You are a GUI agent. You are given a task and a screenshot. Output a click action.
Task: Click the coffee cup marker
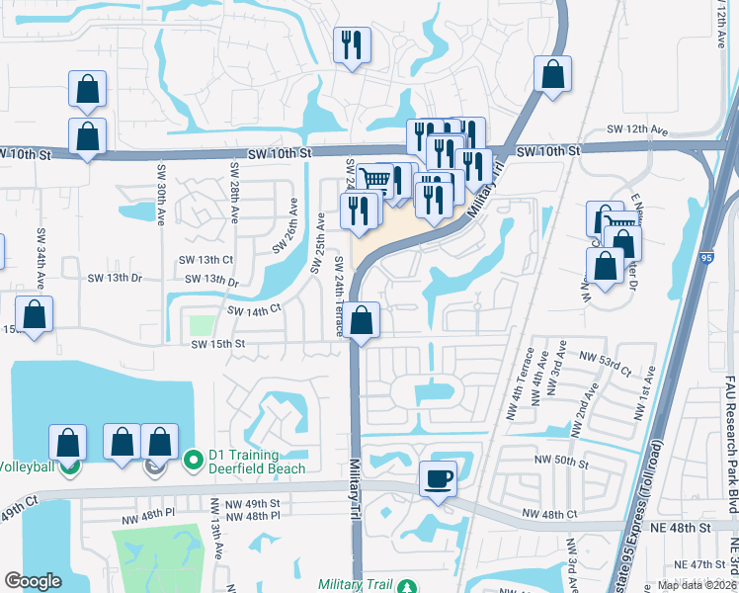tap(438, 478)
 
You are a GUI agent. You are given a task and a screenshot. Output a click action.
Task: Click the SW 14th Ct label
tap(255, 310)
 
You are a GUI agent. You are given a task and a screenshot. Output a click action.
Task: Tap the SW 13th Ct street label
tap(205, 259)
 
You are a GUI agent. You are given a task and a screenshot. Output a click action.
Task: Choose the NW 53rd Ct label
tap(605, 365)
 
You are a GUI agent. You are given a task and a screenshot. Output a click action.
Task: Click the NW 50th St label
tap(561, 461)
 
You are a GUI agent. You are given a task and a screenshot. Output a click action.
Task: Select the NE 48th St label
tap(682, 528)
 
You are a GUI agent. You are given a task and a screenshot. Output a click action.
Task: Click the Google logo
tap(33, 580)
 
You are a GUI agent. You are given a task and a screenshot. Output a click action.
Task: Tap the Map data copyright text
tap(696, 585)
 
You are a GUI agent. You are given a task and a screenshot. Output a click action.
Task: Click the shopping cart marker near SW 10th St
tap(373, 180)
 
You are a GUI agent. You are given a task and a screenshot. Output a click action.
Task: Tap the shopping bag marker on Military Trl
tap(363, 320)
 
